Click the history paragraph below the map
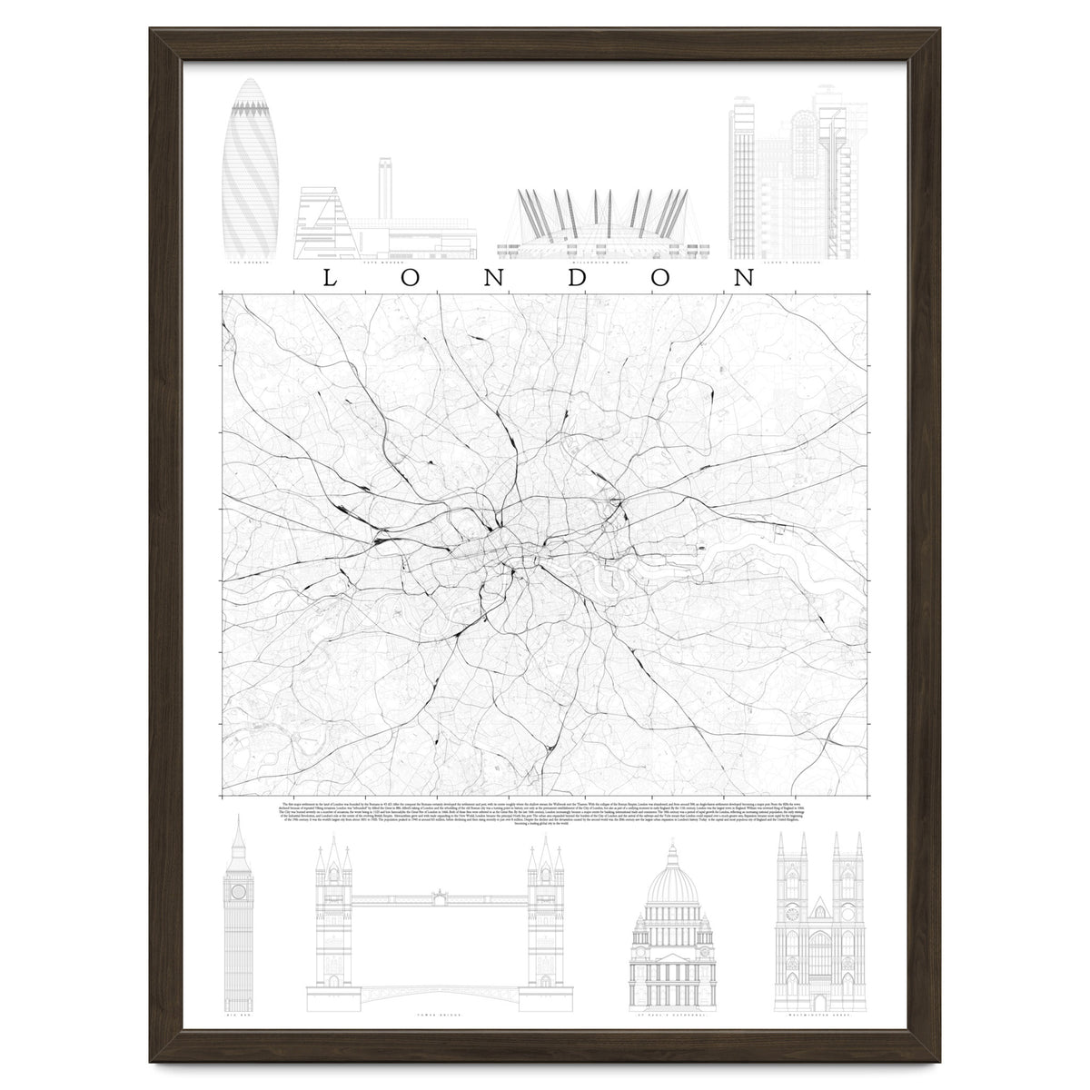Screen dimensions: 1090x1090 point(545,817)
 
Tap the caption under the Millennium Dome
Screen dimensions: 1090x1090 point(599,263)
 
